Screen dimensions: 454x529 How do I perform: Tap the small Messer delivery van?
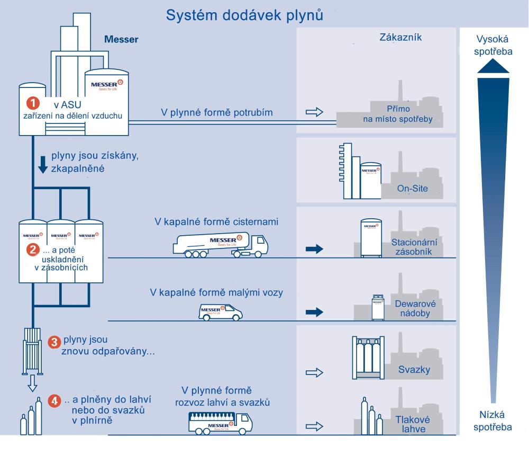221,311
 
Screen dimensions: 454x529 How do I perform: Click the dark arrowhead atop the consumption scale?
493,65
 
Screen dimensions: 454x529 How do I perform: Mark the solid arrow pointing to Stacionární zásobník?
314,250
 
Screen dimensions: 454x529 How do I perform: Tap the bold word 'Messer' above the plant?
122,39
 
